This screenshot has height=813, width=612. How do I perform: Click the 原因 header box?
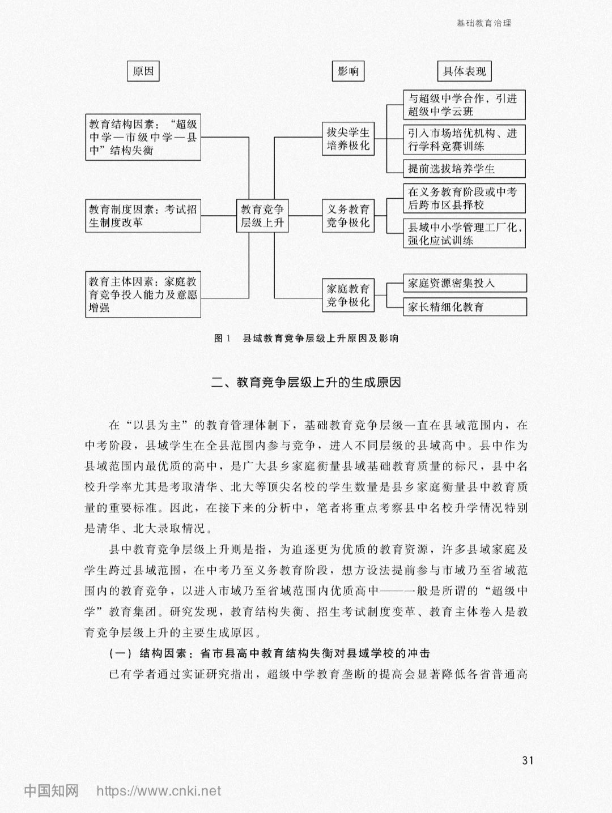(x=143, y=71)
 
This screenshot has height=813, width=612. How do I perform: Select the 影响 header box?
(x=348, y=71)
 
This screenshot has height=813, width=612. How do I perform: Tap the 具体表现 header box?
(x=465, y=71)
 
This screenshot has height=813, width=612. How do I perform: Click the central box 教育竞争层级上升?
(x=262, y=216)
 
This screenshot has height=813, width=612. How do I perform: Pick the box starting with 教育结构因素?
(x=143, y=137)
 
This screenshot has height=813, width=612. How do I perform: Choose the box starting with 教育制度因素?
(x=143, y=216)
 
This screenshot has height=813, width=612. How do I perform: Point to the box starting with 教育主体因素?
(x=143, y=294)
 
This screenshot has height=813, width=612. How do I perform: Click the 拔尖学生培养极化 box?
(x=348, y=139)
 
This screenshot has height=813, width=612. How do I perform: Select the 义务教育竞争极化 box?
(x=348, y=216)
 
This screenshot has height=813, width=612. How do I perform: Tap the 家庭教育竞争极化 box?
(x=348, y=295)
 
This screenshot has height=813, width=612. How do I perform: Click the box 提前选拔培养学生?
(x=465, y=169)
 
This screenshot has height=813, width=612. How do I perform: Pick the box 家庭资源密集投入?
(x=465, y=283)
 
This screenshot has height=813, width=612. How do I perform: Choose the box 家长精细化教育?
(x=465, y=307)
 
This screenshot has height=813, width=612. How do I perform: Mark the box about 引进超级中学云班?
(x=465, y=105)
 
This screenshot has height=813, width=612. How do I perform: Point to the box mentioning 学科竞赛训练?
(x=465, y=140)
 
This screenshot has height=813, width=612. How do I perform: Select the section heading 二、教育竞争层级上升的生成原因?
(x=306, y=383)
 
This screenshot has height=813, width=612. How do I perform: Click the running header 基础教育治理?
(x=484, y=23)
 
